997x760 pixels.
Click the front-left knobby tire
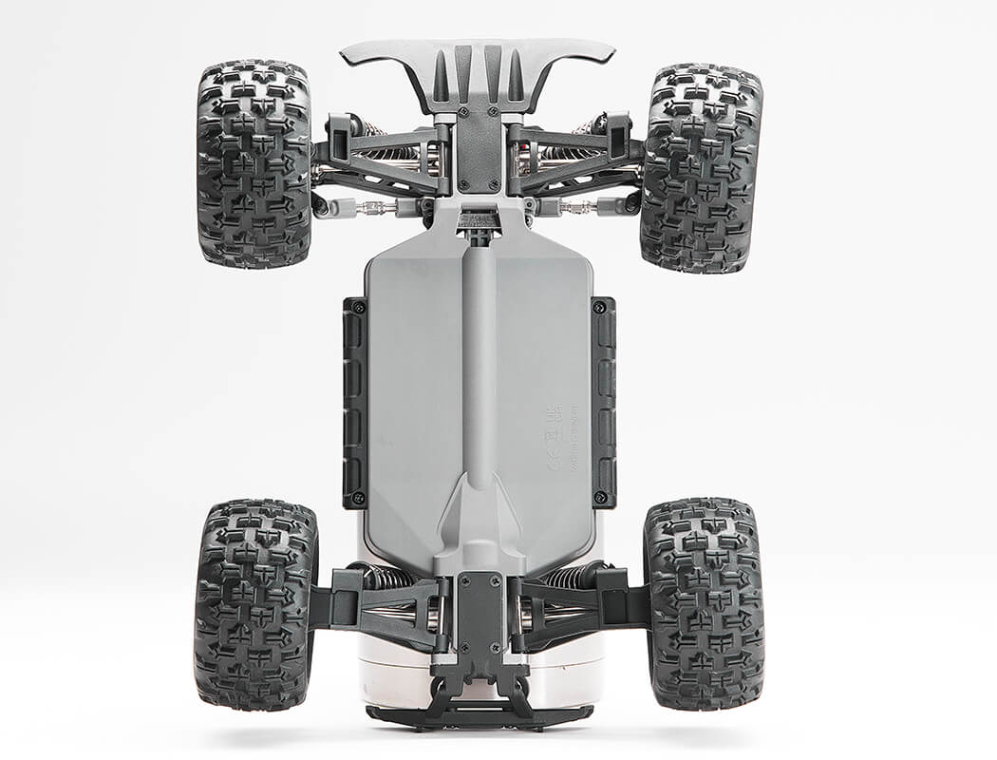point(254,163)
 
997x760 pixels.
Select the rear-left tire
point(254,603)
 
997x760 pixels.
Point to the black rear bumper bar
point(479,714)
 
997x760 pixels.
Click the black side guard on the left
point(355,401)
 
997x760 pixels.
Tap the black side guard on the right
point(603,401)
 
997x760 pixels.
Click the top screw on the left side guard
point(359,308)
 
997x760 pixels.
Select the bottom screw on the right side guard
point(599,497)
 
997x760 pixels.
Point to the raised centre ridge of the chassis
point(479,361)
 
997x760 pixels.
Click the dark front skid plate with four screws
point(479,147)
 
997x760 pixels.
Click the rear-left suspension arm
point(380,608)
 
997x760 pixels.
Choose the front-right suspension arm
point(579,161)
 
